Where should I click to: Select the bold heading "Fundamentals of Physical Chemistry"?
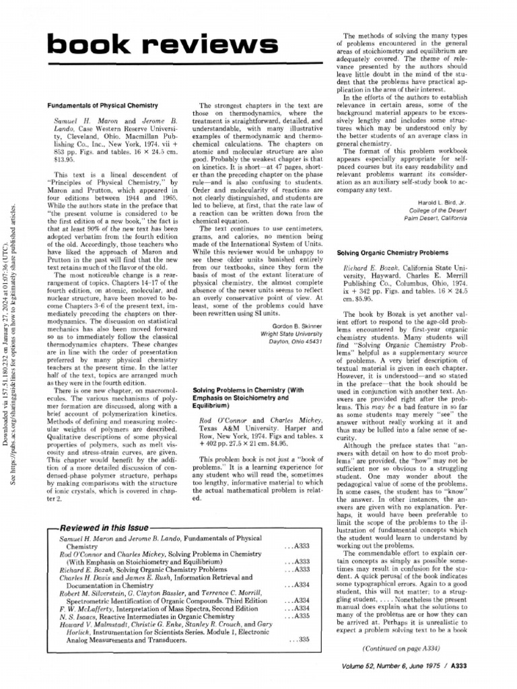click(101, 106)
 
